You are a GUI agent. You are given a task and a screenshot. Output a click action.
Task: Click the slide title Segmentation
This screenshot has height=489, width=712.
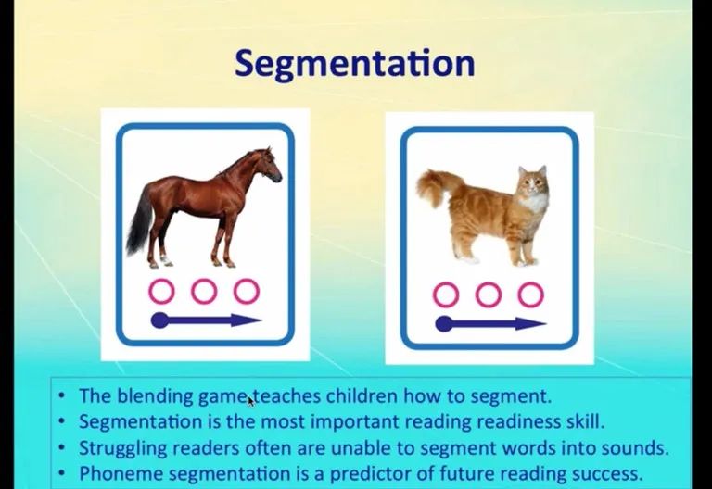pyautogui.click(x=355, y=65)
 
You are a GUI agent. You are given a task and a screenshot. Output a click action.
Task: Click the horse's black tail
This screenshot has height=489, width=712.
pyautogui.click(x=139, y=222)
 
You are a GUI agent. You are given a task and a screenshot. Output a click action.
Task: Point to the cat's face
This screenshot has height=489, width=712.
pyautogui.click(x=533, y=182)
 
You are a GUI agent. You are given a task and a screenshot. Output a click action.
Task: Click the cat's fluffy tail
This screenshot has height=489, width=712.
pyautogui.click(x=436, y=186)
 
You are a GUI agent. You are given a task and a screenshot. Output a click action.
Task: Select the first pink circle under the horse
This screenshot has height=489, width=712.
pyautogui.click(x=161, y=291)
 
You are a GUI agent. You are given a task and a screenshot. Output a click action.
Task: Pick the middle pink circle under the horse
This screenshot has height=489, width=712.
pyautogui.click(x=204, y=291)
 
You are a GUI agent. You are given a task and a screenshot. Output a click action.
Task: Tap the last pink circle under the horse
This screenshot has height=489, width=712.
pyautogui.click(x=247, y=291)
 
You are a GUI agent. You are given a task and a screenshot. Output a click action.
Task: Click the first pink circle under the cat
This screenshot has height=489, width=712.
pyautogui.click(x=445, y=295)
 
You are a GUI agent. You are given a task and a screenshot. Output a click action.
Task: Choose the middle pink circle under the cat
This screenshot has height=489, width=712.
pyautogui.click(x=489, y=295)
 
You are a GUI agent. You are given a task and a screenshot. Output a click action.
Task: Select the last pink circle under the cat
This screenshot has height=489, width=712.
pyautogui.click(x=531, y=295)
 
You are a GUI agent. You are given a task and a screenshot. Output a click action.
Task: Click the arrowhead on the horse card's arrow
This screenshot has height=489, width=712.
pyautogui.click(x=247, y=320)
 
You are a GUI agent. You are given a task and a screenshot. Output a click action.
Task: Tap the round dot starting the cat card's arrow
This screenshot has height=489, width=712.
pyautogui.click(x=444, y=324)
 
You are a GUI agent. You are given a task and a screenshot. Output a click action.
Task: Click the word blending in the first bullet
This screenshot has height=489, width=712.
pyautogui.click(x=156, y=396)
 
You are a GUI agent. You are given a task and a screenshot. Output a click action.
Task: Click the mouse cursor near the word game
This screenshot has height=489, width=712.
pyautogui.click(x=251, y=401)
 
